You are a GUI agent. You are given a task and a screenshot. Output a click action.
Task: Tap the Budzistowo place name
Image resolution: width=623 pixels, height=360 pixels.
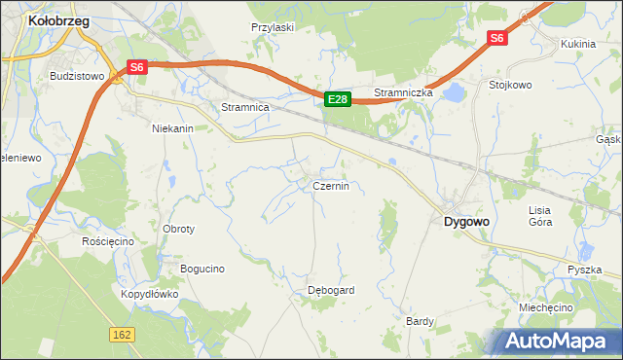pos(77,76)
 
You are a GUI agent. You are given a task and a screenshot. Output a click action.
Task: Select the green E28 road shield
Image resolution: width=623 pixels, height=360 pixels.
pos(337,99)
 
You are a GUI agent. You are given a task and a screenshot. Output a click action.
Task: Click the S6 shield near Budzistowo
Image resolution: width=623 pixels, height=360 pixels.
pos(136,67)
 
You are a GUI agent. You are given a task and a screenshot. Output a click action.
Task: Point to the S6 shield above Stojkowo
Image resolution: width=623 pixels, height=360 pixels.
pos(497,38)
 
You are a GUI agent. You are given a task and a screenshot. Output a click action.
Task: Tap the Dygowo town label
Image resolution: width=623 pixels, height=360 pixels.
pos(466,221)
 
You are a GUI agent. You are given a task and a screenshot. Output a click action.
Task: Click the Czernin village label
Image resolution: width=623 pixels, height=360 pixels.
pos(330,185)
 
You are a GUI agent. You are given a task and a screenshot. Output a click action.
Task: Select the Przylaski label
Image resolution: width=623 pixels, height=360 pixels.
pos(273,28)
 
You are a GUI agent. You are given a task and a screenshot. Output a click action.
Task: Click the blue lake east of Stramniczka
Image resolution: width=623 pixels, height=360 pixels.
pos(453,93)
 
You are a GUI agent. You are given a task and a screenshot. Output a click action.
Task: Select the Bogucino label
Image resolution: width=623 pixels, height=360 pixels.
pos(202,268)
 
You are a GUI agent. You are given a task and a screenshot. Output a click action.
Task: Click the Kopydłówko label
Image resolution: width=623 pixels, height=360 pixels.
pos(150,293)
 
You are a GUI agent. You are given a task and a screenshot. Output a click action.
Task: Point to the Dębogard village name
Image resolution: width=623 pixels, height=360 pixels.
pos(331,290)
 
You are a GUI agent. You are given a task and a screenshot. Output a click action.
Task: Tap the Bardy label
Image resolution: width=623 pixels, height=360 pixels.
pos(420,320)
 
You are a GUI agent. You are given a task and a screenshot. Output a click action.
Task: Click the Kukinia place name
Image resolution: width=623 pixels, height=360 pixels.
pos(578,44)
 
